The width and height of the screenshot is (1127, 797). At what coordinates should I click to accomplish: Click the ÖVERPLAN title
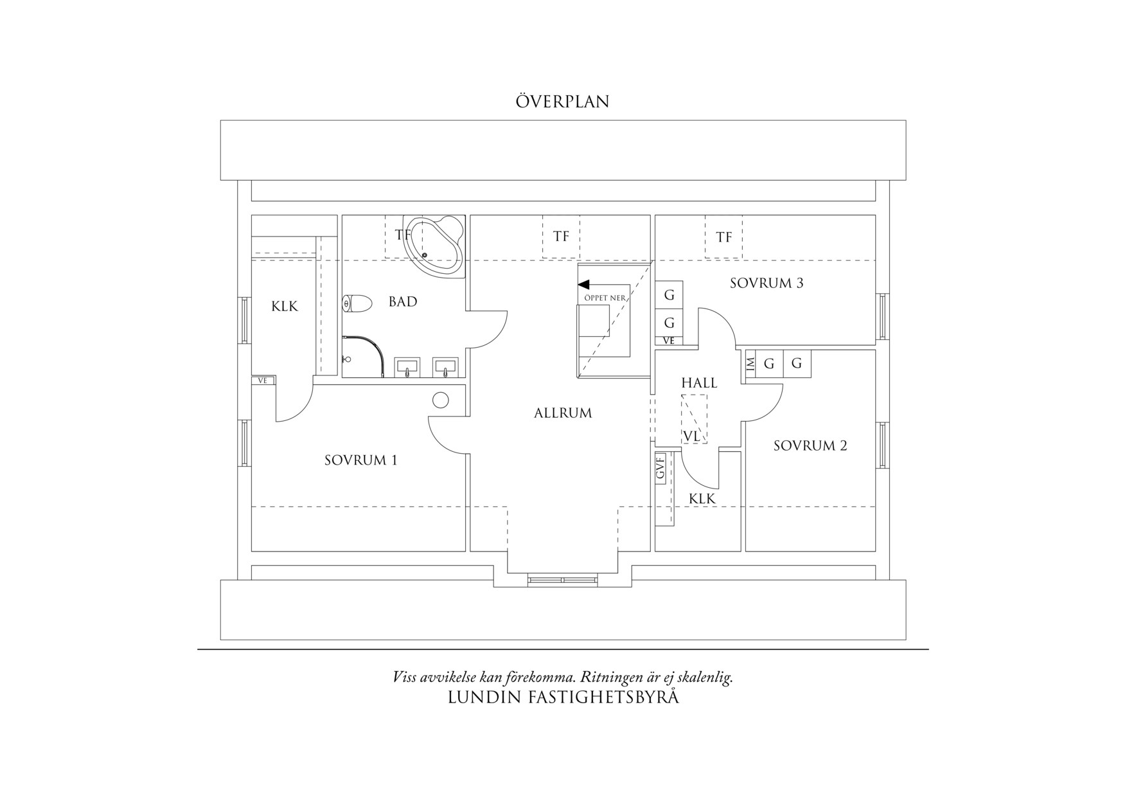tap(562, 102)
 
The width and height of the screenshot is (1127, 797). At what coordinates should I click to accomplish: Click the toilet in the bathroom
tap(359, 303)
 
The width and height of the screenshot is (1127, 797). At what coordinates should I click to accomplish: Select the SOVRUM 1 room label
tap(360, 460)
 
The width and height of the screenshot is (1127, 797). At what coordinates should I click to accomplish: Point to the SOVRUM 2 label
tap(810, 445)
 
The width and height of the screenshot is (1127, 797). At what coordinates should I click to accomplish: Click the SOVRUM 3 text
tap(767, 283)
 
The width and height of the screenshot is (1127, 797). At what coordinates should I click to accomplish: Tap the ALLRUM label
tap(563, 413)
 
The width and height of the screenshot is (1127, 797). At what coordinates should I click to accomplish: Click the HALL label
tap(699, 382)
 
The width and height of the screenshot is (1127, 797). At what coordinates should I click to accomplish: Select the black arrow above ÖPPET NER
tap(584, 284)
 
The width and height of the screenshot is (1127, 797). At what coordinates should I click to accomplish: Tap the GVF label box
tap(660, 467)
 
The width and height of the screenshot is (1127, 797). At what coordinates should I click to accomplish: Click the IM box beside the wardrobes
tap(750, 364)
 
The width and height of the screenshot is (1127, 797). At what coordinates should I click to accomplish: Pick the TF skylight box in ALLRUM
tap(561, 237)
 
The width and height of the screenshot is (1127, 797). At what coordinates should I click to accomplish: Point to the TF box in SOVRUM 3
tap(723, 237)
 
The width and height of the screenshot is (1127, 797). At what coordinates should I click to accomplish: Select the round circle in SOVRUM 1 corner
tap(441, 400)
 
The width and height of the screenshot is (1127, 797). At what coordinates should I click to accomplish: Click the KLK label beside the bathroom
tap(284, 306)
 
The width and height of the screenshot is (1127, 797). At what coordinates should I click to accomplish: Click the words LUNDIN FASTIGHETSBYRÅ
tap(563, 697)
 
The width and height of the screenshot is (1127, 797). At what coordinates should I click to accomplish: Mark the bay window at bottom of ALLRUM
tap(563, 580)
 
